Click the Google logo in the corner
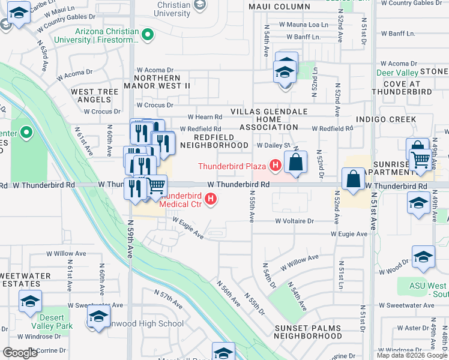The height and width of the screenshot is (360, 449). (20, 353)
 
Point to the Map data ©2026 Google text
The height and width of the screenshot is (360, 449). (412, 355)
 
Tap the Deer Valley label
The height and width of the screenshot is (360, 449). (397, 73)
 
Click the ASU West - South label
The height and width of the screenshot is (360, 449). (429, 290)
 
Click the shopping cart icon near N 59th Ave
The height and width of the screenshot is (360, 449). (157, 187)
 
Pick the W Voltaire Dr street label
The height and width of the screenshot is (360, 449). (295, 221)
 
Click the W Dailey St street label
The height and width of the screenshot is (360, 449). (273, 145)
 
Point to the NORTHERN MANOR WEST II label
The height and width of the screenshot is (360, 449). (157, 82)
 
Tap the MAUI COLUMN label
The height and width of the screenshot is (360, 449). (279, 7)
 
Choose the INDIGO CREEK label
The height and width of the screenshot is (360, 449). (386, 119)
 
